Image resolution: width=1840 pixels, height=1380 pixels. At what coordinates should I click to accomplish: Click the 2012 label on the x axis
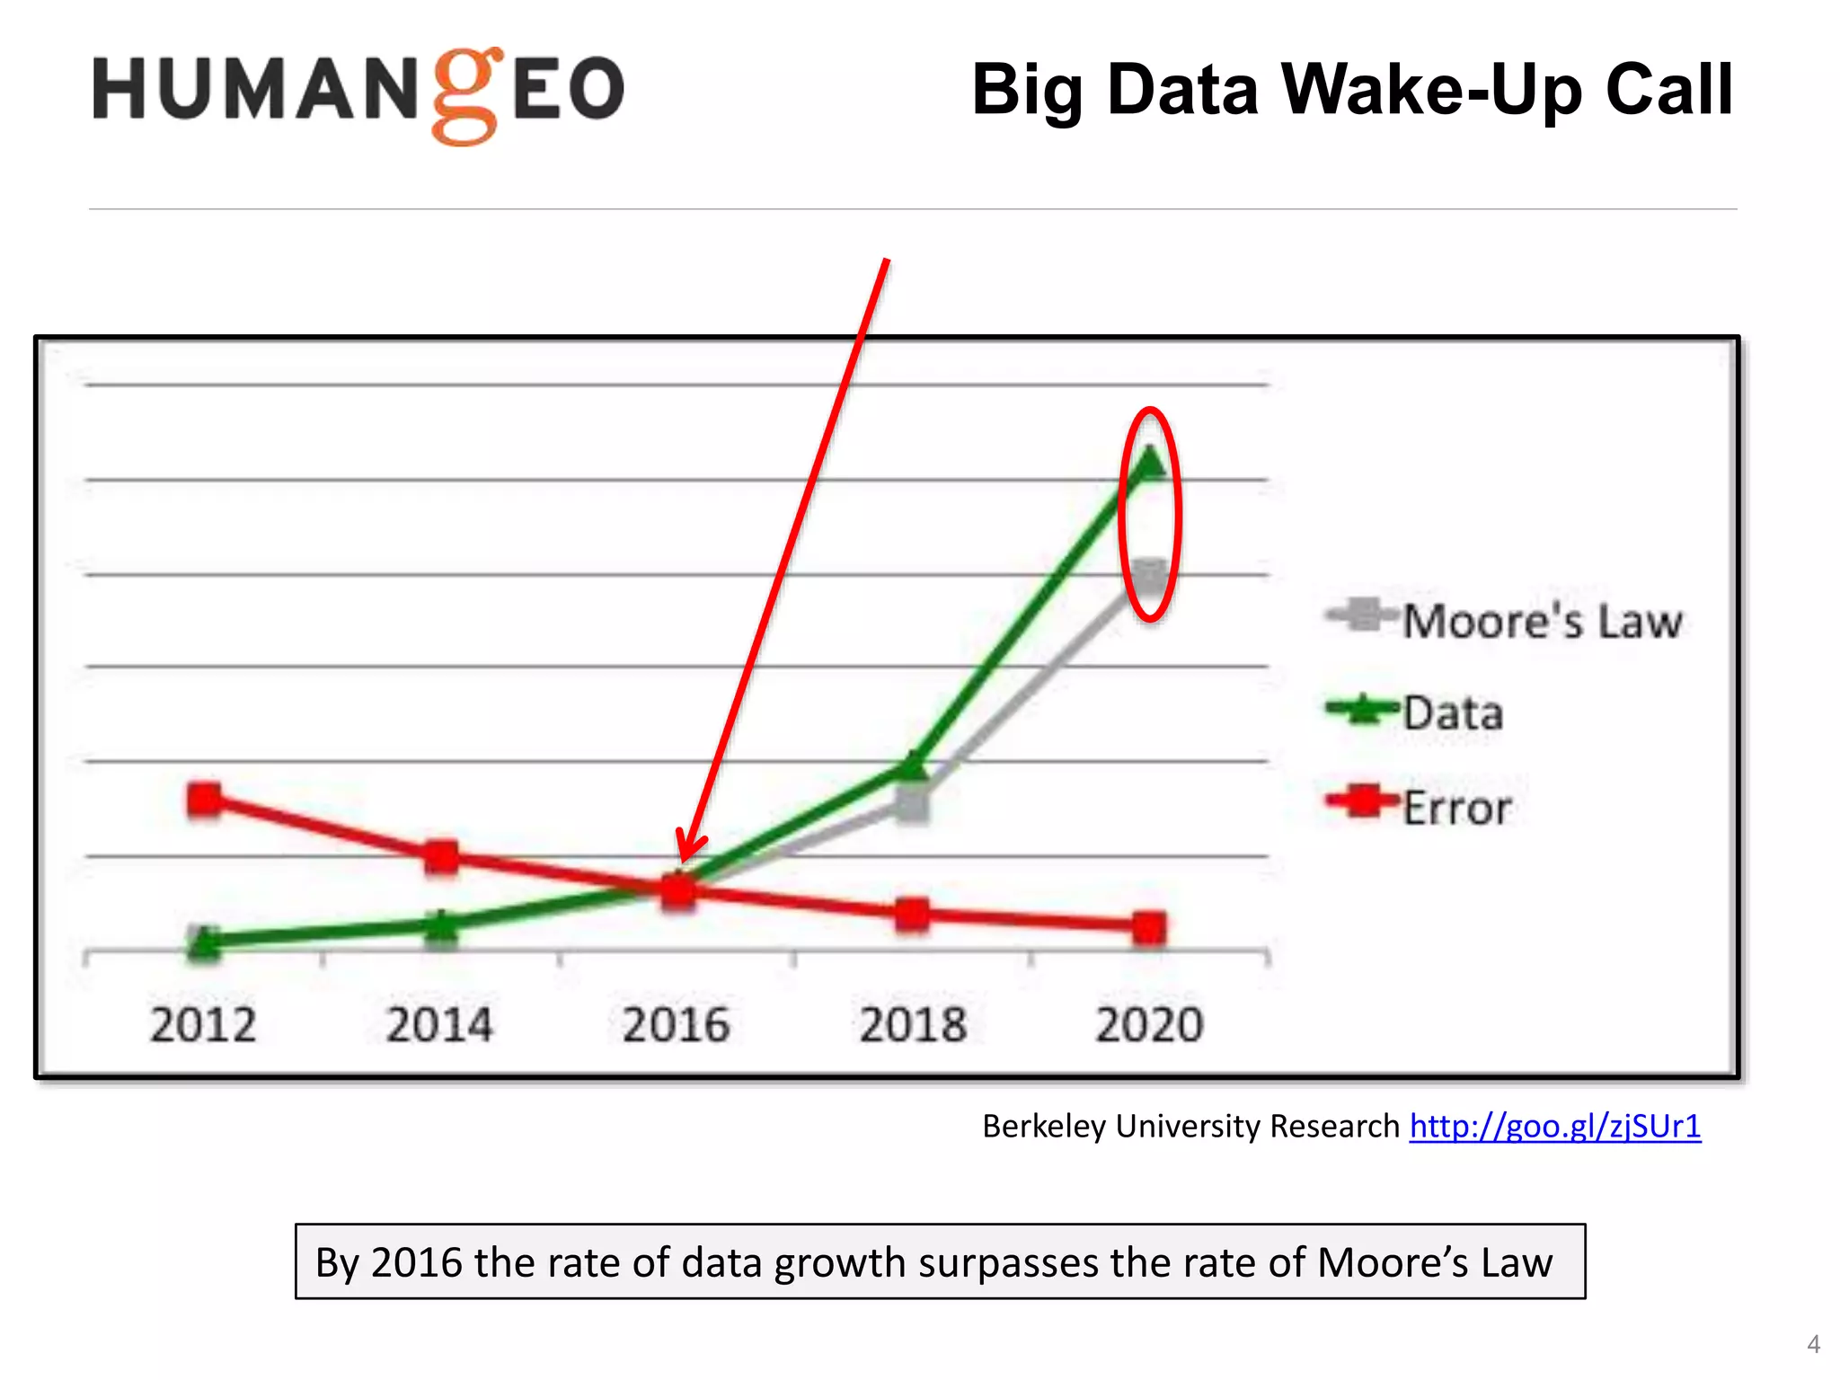coord(203,1024)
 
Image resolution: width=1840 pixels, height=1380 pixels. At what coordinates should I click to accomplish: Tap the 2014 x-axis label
coord(439,1024)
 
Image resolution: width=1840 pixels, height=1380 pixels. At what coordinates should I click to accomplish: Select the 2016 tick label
coord(676,1024)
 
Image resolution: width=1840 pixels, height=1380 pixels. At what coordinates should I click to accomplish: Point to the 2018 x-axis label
coord(913,1024)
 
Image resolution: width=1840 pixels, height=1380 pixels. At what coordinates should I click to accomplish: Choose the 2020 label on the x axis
coord(1149,1024)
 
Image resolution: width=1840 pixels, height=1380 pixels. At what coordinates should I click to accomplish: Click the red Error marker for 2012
coord(204,799)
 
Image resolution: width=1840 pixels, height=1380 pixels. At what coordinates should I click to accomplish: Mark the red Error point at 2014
coord(441,856)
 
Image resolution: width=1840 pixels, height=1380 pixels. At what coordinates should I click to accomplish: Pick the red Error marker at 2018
coord(912,915)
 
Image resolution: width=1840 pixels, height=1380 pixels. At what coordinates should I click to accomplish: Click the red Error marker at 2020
coord(1149,927)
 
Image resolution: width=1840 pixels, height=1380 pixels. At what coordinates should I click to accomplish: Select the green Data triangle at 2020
coord(1150,464)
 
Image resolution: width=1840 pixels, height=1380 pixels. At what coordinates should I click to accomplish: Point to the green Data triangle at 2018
coord(912,766)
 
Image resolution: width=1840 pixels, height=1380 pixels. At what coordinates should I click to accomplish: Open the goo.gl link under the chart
coord(1554,1126)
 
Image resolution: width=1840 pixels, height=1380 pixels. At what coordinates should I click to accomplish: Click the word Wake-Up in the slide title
coord(1430,90)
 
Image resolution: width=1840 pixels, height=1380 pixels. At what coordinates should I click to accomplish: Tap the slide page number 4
coord(1813,1344)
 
